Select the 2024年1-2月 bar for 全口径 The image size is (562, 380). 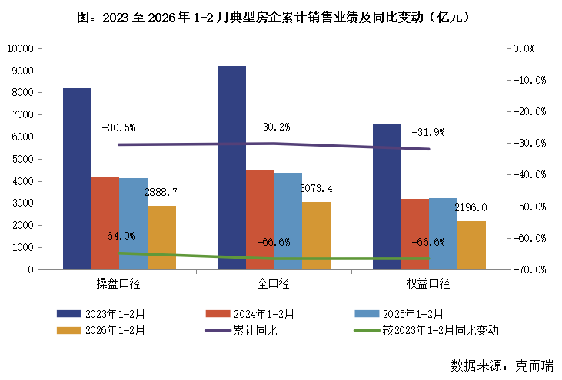click(260, 220)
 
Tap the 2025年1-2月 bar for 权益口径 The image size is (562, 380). click(443, 234)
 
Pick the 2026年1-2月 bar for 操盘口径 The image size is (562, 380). click(161, 238)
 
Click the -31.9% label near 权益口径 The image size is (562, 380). click(427, 132)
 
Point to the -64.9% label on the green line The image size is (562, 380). click(118, 236)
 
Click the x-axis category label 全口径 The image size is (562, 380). click(273, 284)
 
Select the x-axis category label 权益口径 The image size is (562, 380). click(427, 284)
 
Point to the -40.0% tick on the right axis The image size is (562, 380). click(530, 175)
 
